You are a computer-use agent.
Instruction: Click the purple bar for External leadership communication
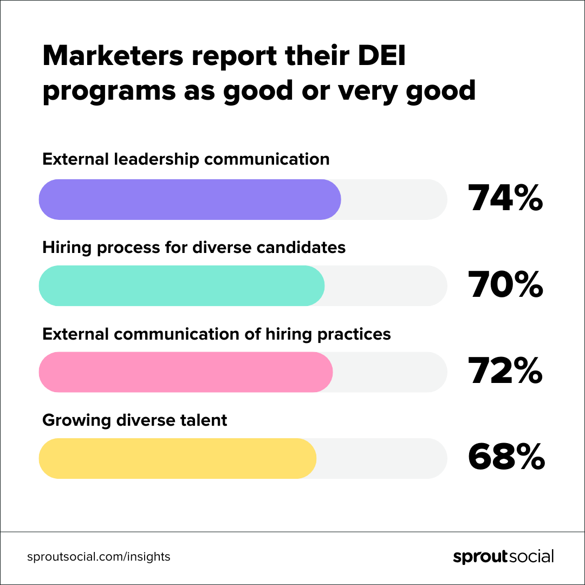[x=190, y=199]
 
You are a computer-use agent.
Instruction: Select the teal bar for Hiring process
[x=181, y=286]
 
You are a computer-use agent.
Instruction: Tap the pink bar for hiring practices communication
[x=185, y=372]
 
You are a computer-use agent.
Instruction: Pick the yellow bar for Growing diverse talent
[x=177, y=458]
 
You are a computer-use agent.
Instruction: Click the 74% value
[x=505, y=199]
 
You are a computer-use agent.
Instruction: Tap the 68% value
[x=506, y=458]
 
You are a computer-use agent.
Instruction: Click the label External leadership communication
[x=186, y=159]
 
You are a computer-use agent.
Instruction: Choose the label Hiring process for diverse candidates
[x=194, y=247]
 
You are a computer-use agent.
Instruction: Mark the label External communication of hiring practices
[x=217, y=334]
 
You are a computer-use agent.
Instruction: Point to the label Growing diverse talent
[x=135, y=420]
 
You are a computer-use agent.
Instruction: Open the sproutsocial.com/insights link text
[x=99, y=556]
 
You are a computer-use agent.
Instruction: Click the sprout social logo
[x=503, y=556]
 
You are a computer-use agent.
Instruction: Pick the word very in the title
[x=372, y=91]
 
